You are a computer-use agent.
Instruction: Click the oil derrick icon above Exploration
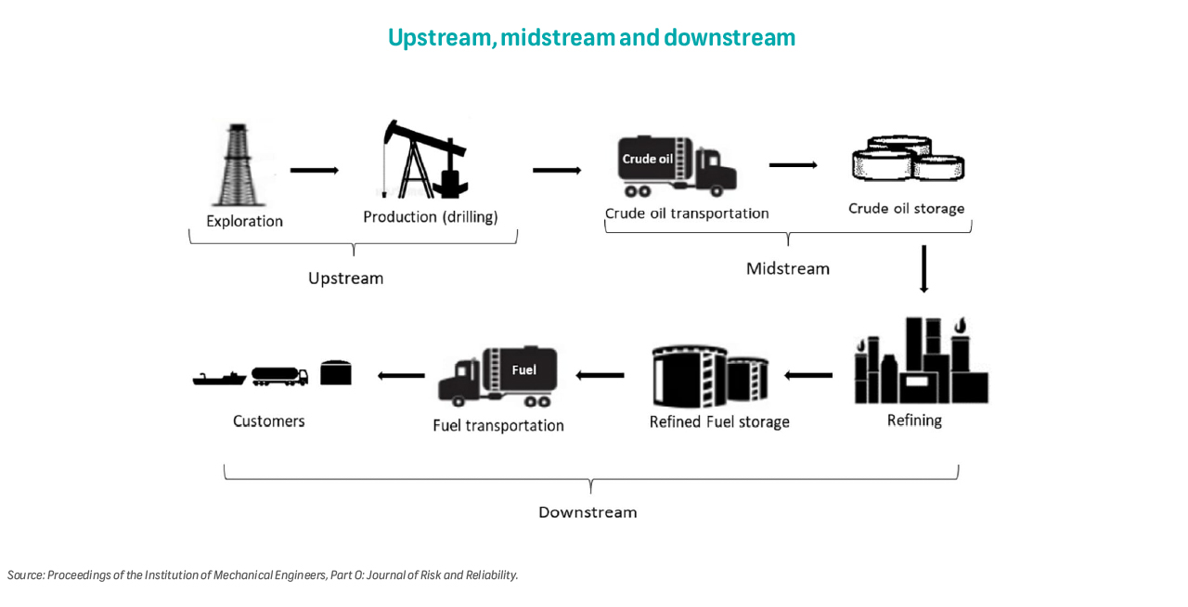[x=239, y=165]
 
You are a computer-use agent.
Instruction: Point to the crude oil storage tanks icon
[x=908, y=159]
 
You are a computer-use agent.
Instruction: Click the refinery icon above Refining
[x=921, y=363]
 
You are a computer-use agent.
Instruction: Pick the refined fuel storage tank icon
[x=710, y=376]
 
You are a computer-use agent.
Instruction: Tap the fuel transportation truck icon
[x=499, y=377]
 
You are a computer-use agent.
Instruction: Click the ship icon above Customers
[x=219, y=377]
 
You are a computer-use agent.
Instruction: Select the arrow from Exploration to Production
[x=314, y=171]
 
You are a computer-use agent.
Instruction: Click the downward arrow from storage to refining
[x=923, y=268]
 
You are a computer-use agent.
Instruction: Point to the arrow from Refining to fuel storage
[x=808, y=375]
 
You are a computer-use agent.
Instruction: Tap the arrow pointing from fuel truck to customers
[x=401, y=375]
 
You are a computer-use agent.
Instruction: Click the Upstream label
[x=345, y=278]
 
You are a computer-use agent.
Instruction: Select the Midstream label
[x=788, y=268]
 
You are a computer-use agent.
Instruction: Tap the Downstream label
[x=588, y=511]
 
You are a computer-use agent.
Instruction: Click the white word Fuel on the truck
[x=523, y=369]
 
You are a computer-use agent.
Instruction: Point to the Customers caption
[x=268, y=420]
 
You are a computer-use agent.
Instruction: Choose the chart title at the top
[x=591, y=37]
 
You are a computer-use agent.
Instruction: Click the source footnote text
[x=263, y=575]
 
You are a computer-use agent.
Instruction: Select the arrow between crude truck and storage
[x=793, y=165]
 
